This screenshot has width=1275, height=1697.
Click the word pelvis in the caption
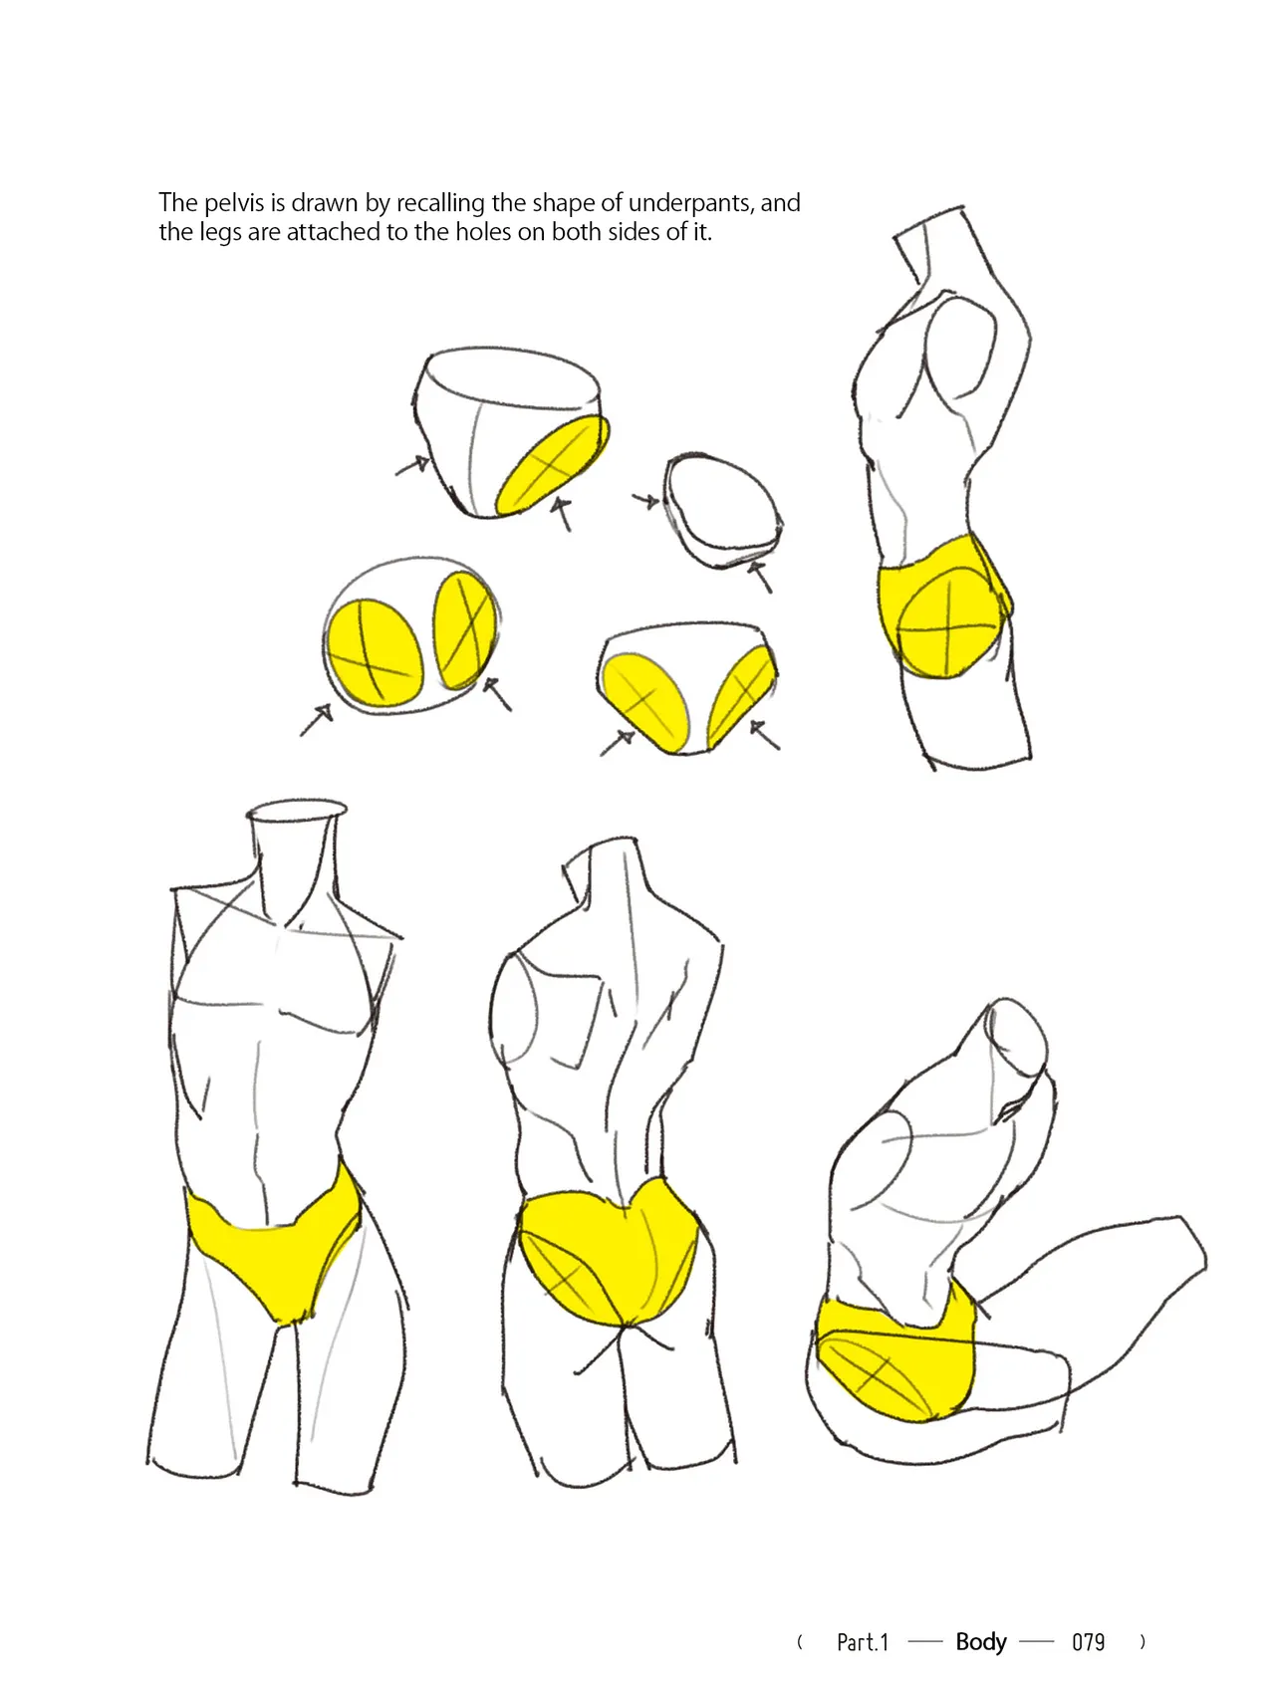pyautogui.click(x=234, y=204)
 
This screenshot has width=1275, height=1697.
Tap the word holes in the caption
pyautogui.click(x=483, y=232)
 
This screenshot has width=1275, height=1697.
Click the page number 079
pyautogui.click(x=1088, y=1642)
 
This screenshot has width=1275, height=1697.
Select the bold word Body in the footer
pyautogui.click(x=981, y=1642)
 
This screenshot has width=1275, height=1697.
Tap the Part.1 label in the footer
pyautogui.click(x=863, y=1642)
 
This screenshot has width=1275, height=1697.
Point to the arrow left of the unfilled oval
pyautogui.click(x=645, y=500)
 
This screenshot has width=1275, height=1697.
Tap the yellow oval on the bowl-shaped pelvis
pyautogui.click(x=553, y=464)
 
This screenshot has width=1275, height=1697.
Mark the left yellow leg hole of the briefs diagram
pyautogui.click(x=645, y=701)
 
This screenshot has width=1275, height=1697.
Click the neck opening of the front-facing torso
pyautogui.click(x=297, y=812)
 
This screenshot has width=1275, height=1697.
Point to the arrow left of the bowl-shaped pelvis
pyautogui.click(x=412, y=465)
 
